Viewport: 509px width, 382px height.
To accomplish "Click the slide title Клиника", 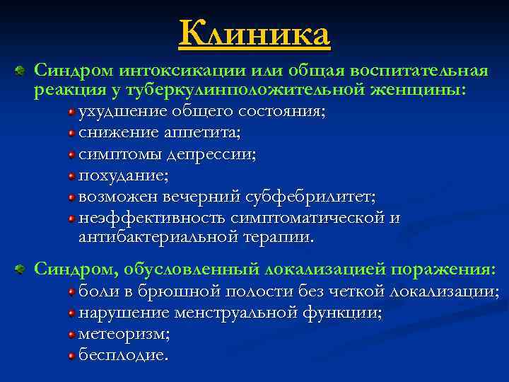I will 255,34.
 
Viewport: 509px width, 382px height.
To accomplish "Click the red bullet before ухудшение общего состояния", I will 72,112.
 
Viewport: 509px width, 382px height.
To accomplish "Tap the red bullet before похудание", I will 72,174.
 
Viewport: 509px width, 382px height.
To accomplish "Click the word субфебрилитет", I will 310,195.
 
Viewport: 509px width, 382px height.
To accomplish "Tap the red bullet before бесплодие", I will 72,354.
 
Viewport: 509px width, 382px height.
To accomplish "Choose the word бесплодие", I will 123,353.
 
